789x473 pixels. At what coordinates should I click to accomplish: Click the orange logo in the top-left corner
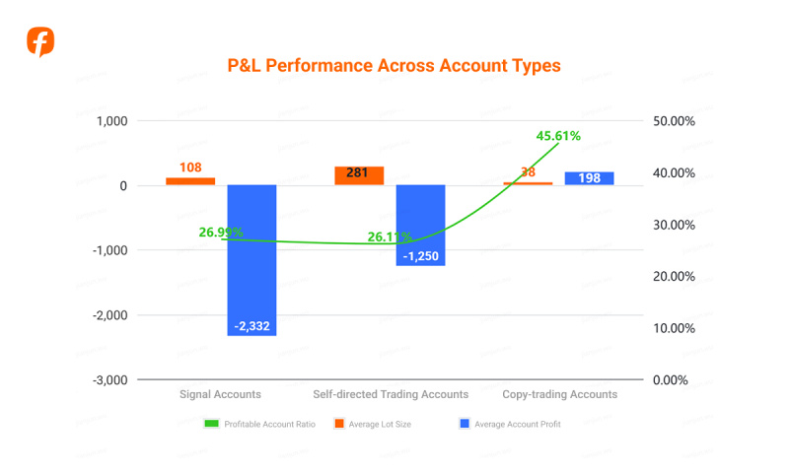40,42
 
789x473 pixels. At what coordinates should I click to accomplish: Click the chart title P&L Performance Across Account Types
394,66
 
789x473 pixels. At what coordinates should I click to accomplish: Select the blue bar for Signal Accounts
251,260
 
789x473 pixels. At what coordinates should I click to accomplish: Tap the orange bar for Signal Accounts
190,181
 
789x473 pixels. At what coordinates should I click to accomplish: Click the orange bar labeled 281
359,175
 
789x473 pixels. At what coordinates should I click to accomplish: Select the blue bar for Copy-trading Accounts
590,178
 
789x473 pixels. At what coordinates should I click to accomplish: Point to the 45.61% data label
558,136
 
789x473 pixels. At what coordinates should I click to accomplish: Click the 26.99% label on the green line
221,233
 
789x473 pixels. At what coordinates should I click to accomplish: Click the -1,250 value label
421,255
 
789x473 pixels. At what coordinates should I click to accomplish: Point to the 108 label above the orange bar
190,168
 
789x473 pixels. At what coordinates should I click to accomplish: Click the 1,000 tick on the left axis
111,121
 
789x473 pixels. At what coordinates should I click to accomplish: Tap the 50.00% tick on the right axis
675,121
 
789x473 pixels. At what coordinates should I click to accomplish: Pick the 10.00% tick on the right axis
675,328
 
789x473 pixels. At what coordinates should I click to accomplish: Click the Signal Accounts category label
220,394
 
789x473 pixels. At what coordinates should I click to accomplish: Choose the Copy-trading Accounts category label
559,394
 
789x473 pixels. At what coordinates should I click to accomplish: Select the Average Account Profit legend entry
510,424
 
